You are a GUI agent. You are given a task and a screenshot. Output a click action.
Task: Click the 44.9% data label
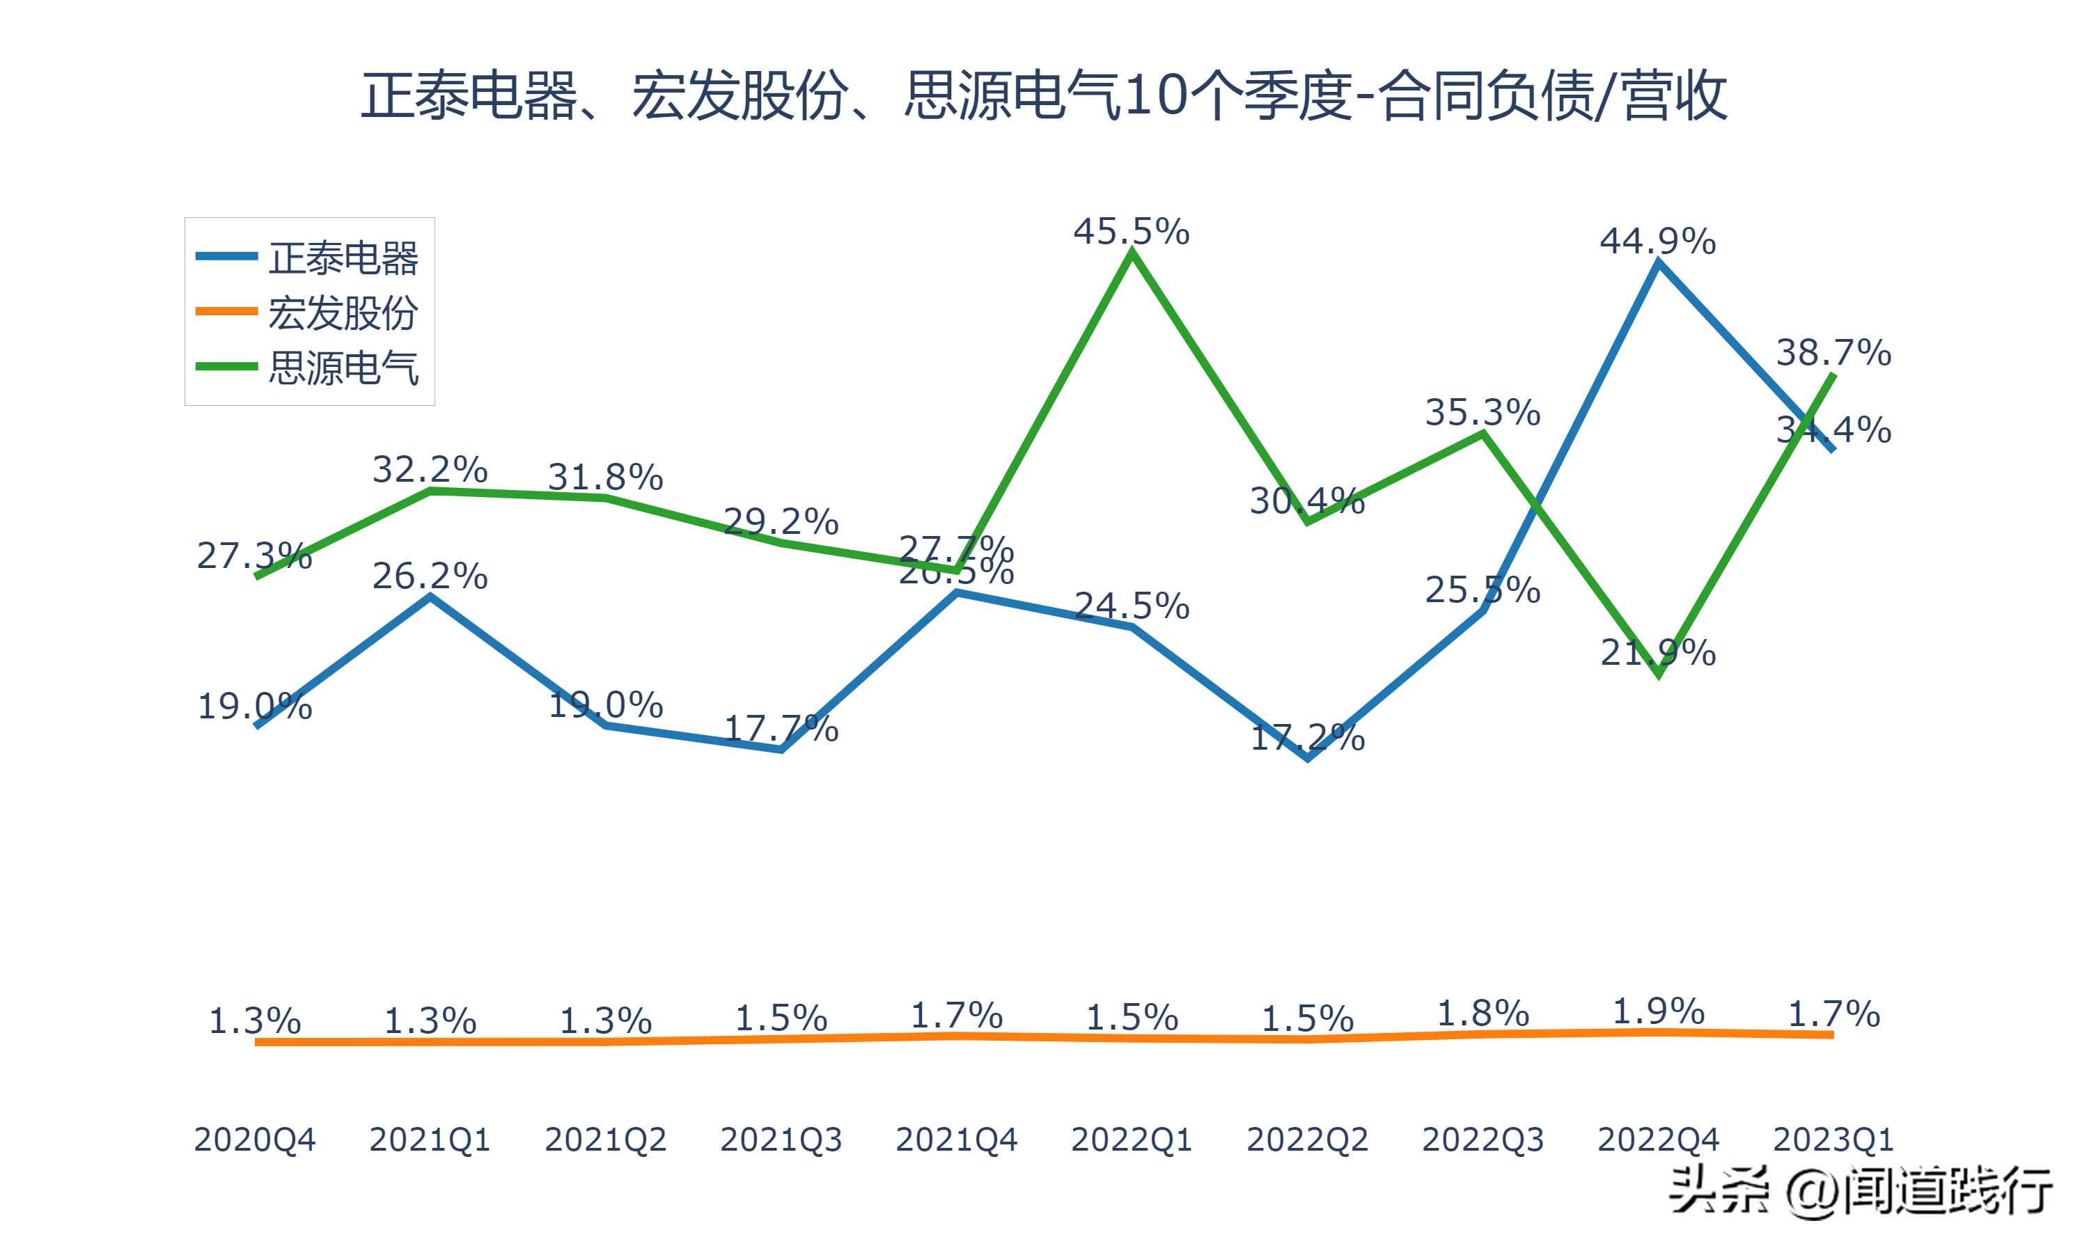pyautogui.click(x=1657, y=242)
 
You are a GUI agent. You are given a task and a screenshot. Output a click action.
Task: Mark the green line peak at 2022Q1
pyautogui.click(x=1132, y=253)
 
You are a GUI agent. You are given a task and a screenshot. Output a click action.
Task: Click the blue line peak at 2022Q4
pyautogui.click(x=1659, y=262)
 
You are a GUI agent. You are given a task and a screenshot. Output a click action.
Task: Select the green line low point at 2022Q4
pyautogui.click(x=1659, y=675)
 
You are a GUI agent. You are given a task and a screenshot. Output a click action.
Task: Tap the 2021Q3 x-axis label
pyautogui.click(x=781, y=1140)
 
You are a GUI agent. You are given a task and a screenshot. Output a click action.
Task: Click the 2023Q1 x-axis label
pyautogui.click(x=1833, y=1140)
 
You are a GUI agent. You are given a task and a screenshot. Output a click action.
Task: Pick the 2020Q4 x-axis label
pyautogui.click(x=254, y=1140)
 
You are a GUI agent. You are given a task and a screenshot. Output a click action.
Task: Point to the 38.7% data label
pyautogui.click(x=1833, y=353)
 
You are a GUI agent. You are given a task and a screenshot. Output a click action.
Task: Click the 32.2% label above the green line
pyautogui.click(x=430, y=469)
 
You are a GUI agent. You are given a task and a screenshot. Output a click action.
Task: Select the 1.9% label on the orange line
pyautogui.click(x=1659, y=1011)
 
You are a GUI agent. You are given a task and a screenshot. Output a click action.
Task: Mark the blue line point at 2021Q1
pyautogui.click(x=430, y=597)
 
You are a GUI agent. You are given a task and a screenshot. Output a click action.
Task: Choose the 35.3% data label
pyautogui.click(x=1482, y=413)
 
